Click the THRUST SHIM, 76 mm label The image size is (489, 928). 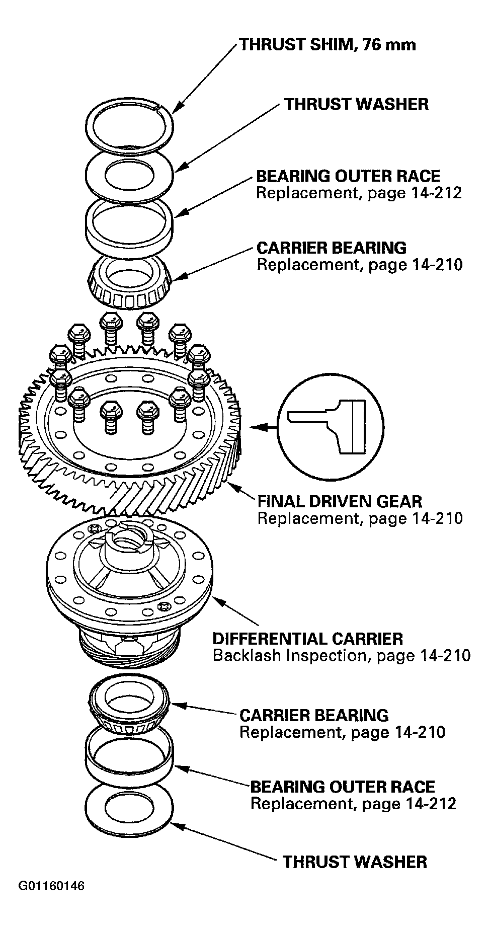[x=328, y=45]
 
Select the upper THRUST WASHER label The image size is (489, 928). [x=356, y=104]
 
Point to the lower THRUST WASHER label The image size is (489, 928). [x=355, y=862]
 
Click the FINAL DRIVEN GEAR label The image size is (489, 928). [x=340, y=501]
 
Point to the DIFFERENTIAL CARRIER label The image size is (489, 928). [x=308, y=639]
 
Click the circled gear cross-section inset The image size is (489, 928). [x=331, y=426]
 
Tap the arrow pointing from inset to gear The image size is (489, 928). [x=264, y=427]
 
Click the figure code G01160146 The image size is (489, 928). [x=51, y=900]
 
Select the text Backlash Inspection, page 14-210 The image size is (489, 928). [x=342, y=656]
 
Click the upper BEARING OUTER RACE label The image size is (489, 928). [x=348, y=176]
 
